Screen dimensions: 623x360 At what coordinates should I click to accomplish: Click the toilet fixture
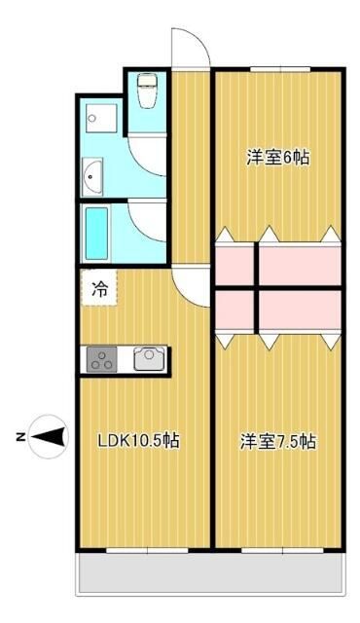pos(147,92)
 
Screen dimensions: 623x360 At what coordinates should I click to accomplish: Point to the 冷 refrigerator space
pos(99,288)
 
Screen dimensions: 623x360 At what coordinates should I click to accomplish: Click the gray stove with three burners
pos(102,359)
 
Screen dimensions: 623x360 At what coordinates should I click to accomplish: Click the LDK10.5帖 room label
pos(137,440)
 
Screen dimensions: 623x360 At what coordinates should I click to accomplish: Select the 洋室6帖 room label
pos(277,157)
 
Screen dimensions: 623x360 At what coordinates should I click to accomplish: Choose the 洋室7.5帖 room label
pos(277,441)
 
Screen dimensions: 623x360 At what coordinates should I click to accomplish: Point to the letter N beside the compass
pos(20,437)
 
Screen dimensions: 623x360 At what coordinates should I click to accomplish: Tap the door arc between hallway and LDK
pos(192,285)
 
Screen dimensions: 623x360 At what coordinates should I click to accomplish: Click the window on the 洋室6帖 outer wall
pos(279,69)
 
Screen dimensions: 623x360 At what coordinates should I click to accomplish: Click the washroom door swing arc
pos(149,151)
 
